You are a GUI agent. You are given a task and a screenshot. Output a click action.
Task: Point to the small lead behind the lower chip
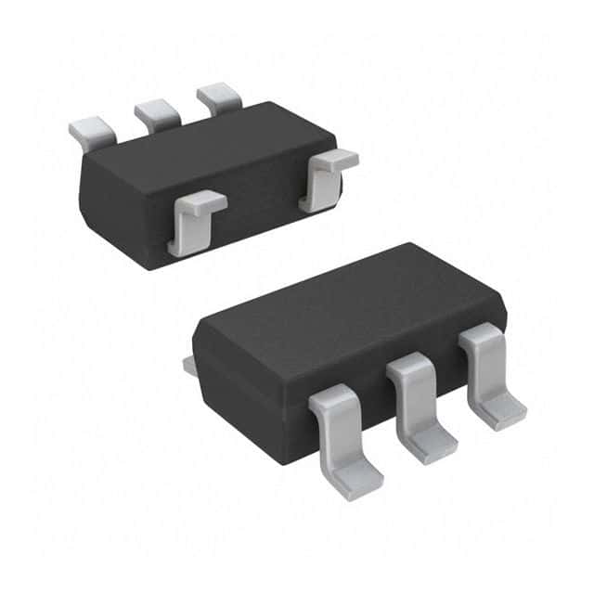click(189, 367)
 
